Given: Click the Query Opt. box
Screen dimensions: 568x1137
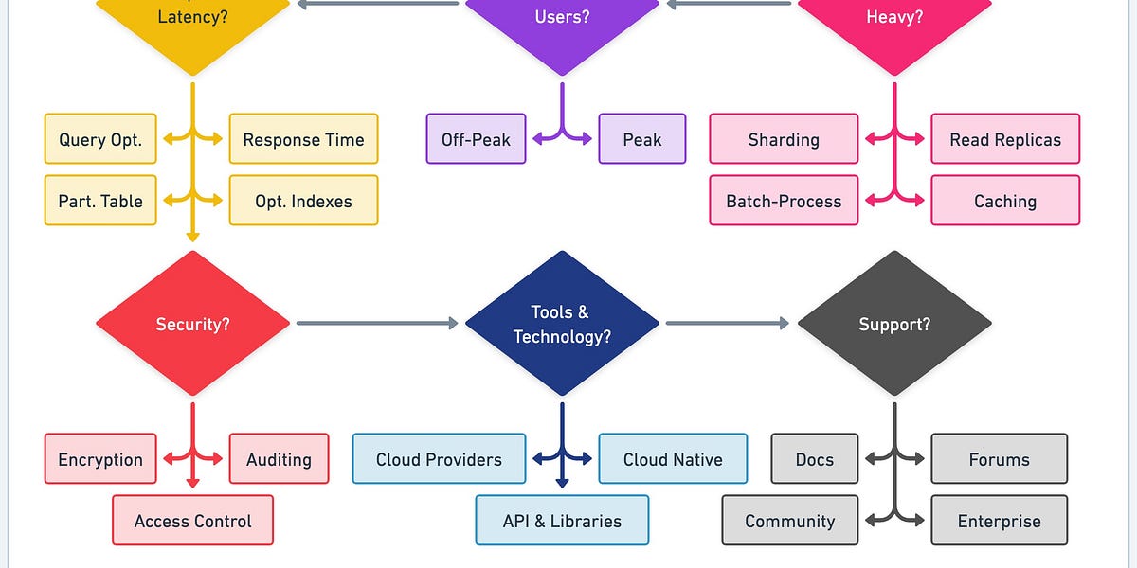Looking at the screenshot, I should pos(100,139).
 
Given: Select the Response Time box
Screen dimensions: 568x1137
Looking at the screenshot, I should pos(303,139).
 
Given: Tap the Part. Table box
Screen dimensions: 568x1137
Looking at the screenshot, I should pos(100,201).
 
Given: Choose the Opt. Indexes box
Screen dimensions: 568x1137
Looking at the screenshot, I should pos(303,201).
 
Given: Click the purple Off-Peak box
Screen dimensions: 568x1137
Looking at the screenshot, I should pos(476,139).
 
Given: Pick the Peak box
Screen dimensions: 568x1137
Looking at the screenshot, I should pos(642,139).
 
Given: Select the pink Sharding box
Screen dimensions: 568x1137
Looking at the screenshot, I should pos(784,139).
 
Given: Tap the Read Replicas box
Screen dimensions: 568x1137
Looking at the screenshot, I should pos(1005,139).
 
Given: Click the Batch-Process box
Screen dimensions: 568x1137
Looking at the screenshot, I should pos(784,201).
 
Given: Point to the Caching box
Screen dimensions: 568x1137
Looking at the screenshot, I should pos(1005,201).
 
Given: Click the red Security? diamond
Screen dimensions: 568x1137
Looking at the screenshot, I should pos(193,324).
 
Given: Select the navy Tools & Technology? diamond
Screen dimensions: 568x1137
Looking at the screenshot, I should pos(562,324).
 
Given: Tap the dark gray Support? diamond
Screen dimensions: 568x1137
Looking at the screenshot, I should pos(894,324).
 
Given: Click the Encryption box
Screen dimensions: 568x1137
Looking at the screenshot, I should pos(100,459).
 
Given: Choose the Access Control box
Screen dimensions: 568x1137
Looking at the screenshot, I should pos(193,521).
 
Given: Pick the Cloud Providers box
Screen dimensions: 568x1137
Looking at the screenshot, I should pos(439,459).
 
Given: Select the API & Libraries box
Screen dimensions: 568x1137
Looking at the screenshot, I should pos(562,521).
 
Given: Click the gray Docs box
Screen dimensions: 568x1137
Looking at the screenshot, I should pos(815,459).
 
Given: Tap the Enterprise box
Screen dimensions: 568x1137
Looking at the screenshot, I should pos(999,521).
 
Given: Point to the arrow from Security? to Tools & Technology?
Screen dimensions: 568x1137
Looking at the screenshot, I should pos(377,324).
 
